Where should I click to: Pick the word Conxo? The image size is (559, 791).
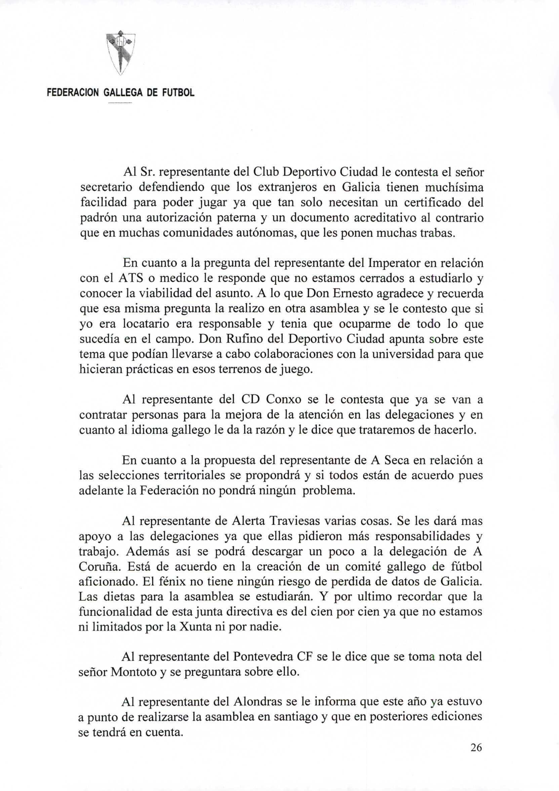click(284, 400)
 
